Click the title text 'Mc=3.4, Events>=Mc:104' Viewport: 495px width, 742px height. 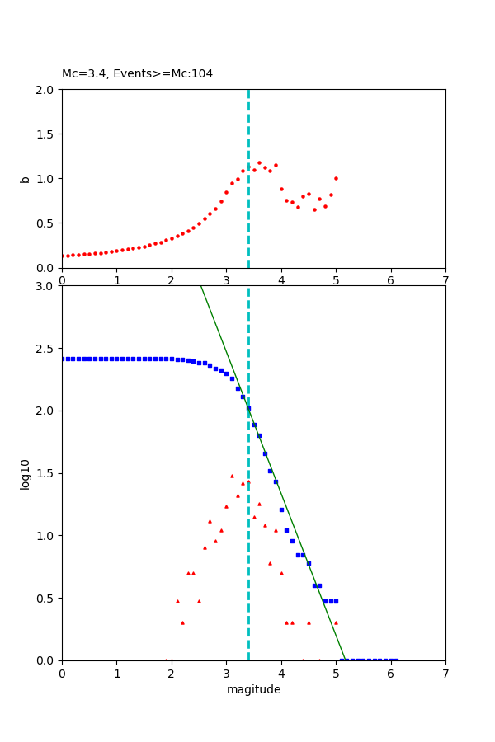[x=137, y=74]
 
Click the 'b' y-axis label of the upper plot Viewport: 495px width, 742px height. [x=25, y=178]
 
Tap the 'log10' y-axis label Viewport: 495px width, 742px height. [x=25, y=474]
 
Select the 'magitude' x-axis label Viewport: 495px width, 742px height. [x=253, y=689]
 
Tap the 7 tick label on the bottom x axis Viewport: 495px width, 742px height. [x=445, y=673]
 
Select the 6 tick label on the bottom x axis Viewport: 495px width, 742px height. [x=390, y=673]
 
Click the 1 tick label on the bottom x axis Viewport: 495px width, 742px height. [x=116, y=673]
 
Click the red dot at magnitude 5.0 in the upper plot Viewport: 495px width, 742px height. [x=336, y=178]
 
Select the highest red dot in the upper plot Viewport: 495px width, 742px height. [x=259, y=162]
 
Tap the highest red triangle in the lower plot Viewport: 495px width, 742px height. [x=232, y=476]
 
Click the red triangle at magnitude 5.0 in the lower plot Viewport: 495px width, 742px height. [x=336, y=622]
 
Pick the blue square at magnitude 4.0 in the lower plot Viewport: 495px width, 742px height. [x=281, y=510]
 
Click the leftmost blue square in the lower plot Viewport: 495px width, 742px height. [x=63, y=359]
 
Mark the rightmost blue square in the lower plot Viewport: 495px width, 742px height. [x=396, y=660]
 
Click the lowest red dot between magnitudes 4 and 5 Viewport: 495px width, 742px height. [x=314, y=209]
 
